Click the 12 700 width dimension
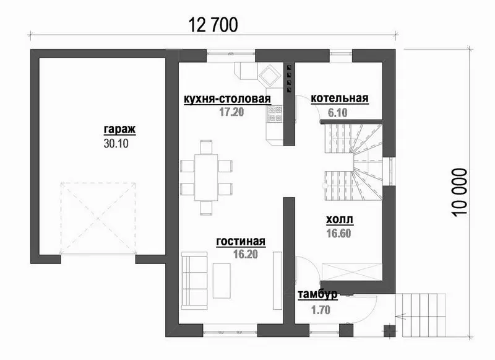[x=213, y=25]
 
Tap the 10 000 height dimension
[x=459, y=193]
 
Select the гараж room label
[x=119, y=130]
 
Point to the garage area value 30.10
[x=116, y=144]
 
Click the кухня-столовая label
[x=227, y=99]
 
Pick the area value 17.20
[x=231, y=112]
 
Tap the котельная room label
[x=340, y=98]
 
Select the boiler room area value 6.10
[x=337, y=113]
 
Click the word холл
[x=340, y=219]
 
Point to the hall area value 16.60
[x=338, y=233]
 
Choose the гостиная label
[x=241, y=242]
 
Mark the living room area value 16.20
[x=245, y=254]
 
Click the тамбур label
[x=317, y=294]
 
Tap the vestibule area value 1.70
[x=321, y=310]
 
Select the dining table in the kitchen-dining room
[x=206, y=177]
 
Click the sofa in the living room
[x=194, y=281]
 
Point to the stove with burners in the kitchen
[x=275, y=115]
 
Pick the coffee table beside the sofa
[x=222, y=281]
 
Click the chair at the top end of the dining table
[x=206, y=147]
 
